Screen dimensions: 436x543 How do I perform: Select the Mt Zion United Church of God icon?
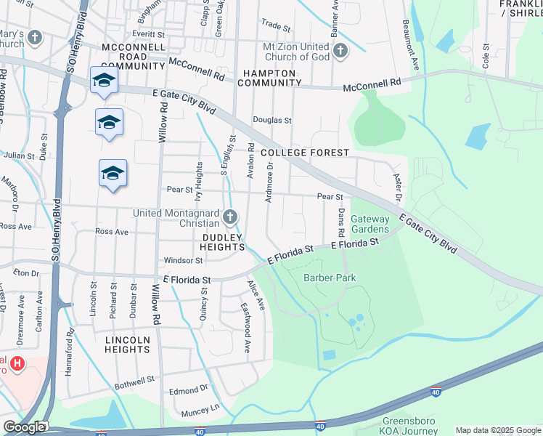(340, 49)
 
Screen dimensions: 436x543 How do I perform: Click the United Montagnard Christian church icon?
(230, 216)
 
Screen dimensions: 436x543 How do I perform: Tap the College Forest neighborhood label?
(305, 153)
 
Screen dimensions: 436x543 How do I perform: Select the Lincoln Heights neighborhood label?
(128, 344)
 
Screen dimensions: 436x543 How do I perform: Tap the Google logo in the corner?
(24, 427)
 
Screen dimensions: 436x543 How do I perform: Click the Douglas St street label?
(271, 121)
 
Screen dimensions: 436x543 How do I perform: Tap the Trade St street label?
(276, 25)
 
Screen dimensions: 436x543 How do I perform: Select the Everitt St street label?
(149, 34)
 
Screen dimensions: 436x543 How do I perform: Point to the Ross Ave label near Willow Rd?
(112, 232)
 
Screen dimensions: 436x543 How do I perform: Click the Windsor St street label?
(183, 260)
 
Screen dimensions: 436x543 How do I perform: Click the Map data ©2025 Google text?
(498, 430)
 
